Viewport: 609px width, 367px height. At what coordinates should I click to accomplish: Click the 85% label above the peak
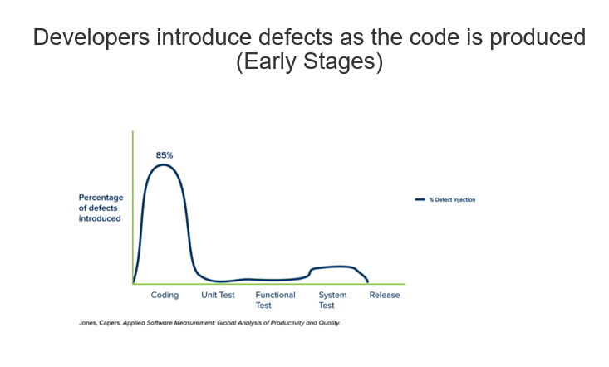click(x=165, y=155)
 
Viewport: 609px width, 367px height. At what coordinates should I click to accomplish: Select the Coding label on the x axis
click(x=165, y=296)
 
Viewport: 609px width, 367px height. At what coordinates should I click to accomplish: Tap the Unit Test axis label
click(x=218, y=295)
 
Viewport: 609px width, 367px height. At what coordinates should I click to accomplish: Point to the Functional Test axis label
click(x=275, y=300)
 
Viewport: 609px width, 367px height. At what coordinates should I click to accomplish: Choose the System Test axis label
click(x=332, y=300)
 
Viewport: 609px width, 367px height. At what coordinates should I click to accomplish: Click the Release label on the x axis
click(x=385, y=295)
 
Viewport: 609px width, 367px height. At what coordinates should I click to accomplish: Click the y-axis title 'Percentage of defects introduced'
click(x=101, y=208)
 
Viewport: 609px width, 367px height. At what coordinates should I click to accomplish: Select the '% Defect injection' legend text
click(x=452, y=200)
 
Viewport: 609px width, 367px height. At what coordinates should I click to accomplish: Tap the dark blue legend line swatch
click(x=420, y=199)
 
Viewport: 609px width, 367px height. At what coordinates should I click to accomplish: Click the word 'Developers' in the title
click(x=91, y=38)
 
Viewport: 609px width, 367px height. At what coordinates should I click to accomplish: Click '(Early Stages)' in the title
click(x=310, y=61)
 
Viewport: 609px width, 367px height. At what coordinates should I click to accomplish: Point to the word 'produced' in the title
click(x=538, y=38)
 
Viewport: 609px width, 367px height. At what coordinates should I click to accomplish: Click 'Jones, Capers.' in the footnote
click(x=100, y=323)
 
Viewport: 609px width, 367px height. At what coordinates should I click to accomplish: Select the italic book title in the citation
click(x=232, y=323)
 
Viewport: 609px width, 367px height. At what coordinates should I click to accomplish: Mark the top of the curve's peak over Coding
click(x=164, y=164)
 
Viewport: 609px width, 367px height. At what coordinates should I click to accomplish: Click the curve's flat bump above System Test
click(x=334, y=267)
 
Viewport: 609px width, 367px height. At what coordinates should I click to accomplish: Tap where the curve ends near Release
click(x=368, y=281)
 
